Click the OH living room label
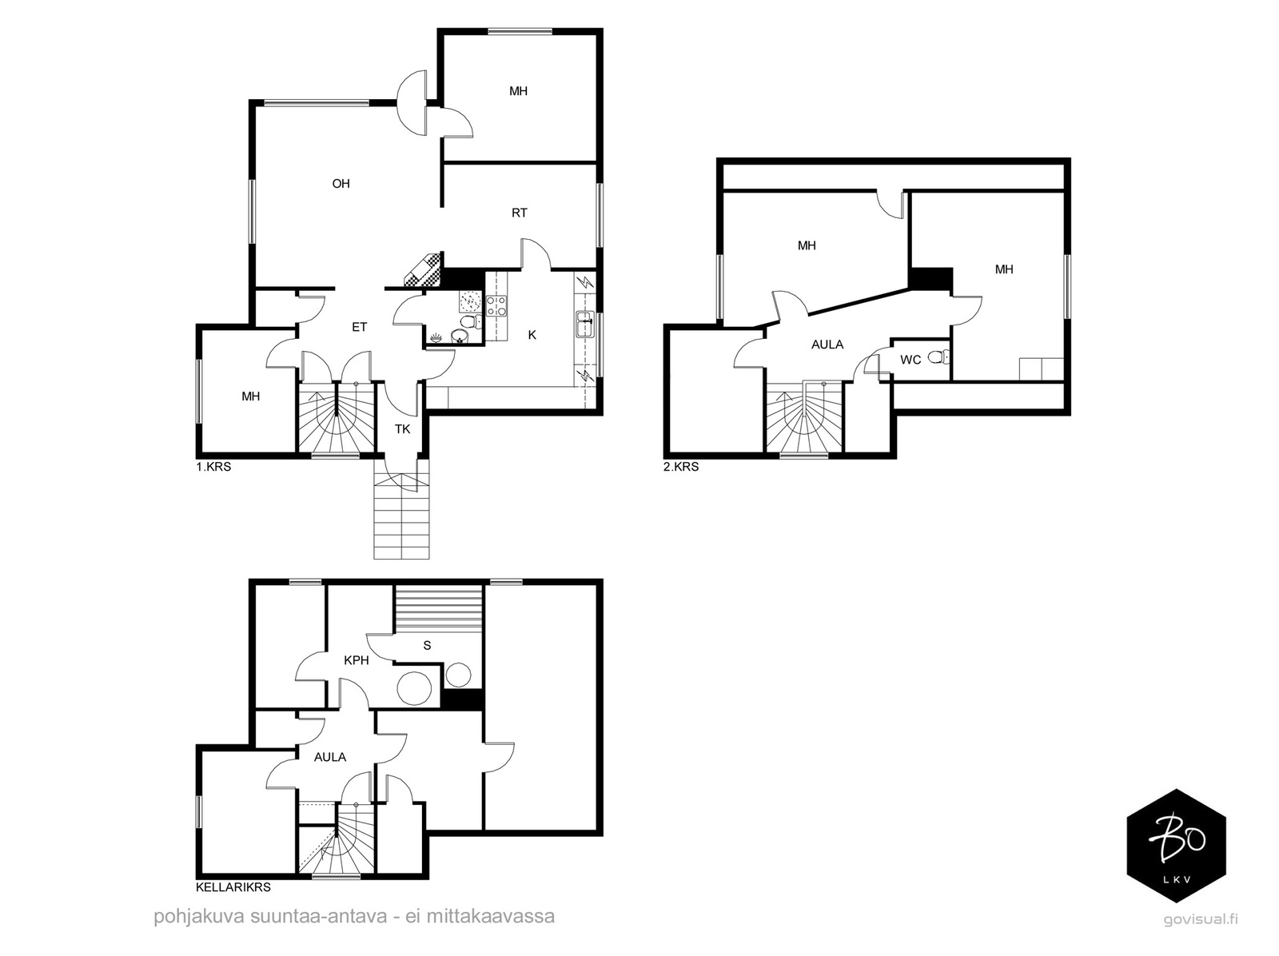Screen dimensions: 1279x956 [x=341, y=184]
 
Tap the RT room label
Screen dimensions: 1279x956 [x=519, y=213]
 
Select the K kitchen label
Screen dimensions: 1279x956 [x=532, y=335]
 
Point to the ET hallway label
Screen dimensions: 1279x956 [x=360, y=327]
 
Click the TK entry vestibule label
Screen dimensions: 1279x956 [x=403, y=428]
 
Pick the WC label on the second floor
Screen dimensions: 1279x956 [x=910, y=360]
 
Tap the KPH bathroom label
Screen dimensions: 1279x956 [x=357, y=660]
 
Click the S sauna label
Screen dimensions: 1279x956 [x=427, y=645]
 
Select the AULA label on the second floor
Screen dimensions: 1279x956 [x=827, y=345]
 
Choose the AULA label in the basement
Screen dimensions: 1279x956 [x=330, y=757]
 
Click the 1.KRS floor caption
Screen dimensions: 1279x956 [x=213, y=467]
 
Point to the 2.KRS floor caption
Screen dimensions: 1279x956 [x=681, y=467]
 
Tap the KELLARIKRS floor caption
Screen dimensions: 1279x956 [x=233, y=887]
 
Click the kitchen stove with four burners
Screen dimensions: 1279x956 [x=496, y=306]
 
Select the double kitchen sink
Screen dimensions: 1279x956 [x=584, y=324]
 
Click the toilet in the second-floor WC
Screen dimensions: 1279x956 [x=938, y=357]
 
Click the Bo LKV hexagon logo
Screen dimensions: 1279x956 [x=1177, y=846]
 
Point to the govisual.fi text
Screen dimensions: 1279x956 [x=1201, y=920]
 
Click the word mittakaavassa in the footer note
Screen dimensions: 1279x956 [x=491, y=916]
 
